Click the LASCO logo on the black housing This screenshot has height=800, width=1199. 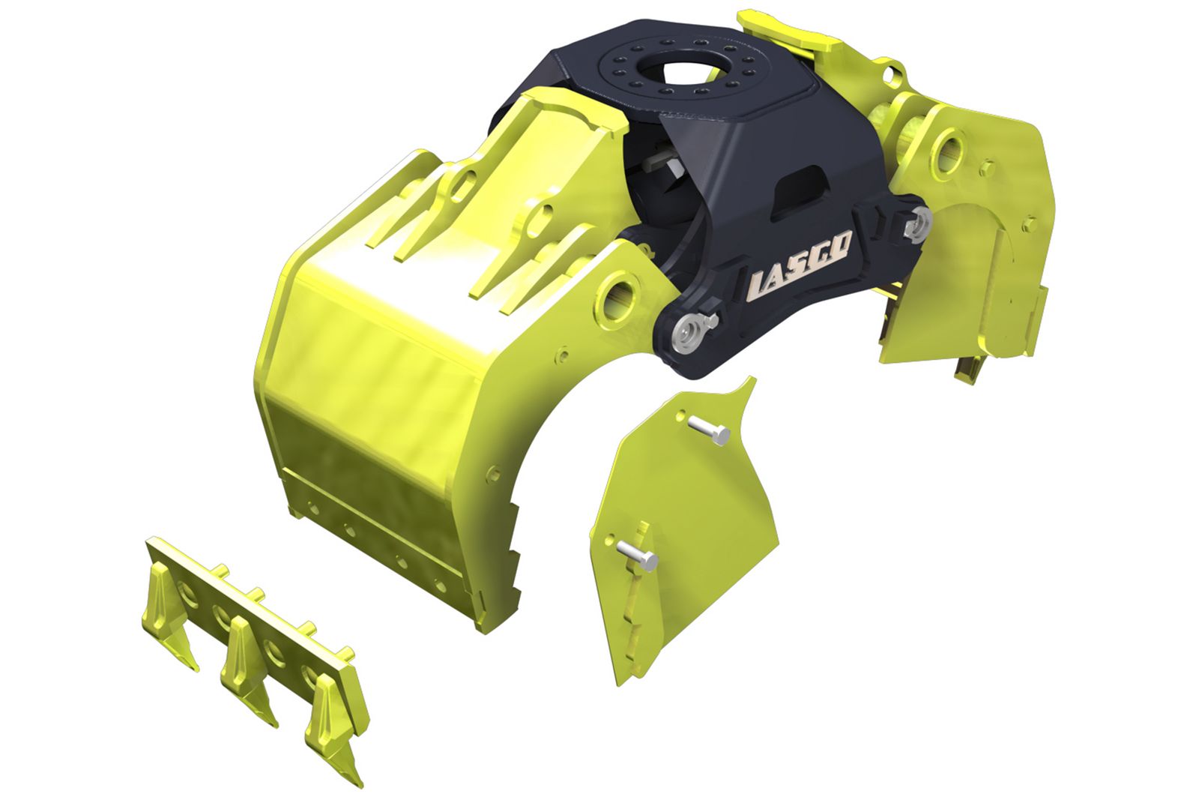(800, 263)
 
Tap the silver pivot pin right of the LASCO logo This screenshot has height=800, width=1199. (917, 223)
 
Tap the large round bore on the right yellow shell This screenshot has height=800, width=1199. (949, 148)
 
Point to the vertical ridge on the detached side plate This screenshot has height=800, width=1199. (637, 600)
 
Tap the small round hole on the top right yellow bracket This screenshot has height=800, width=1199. (891, 74)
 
